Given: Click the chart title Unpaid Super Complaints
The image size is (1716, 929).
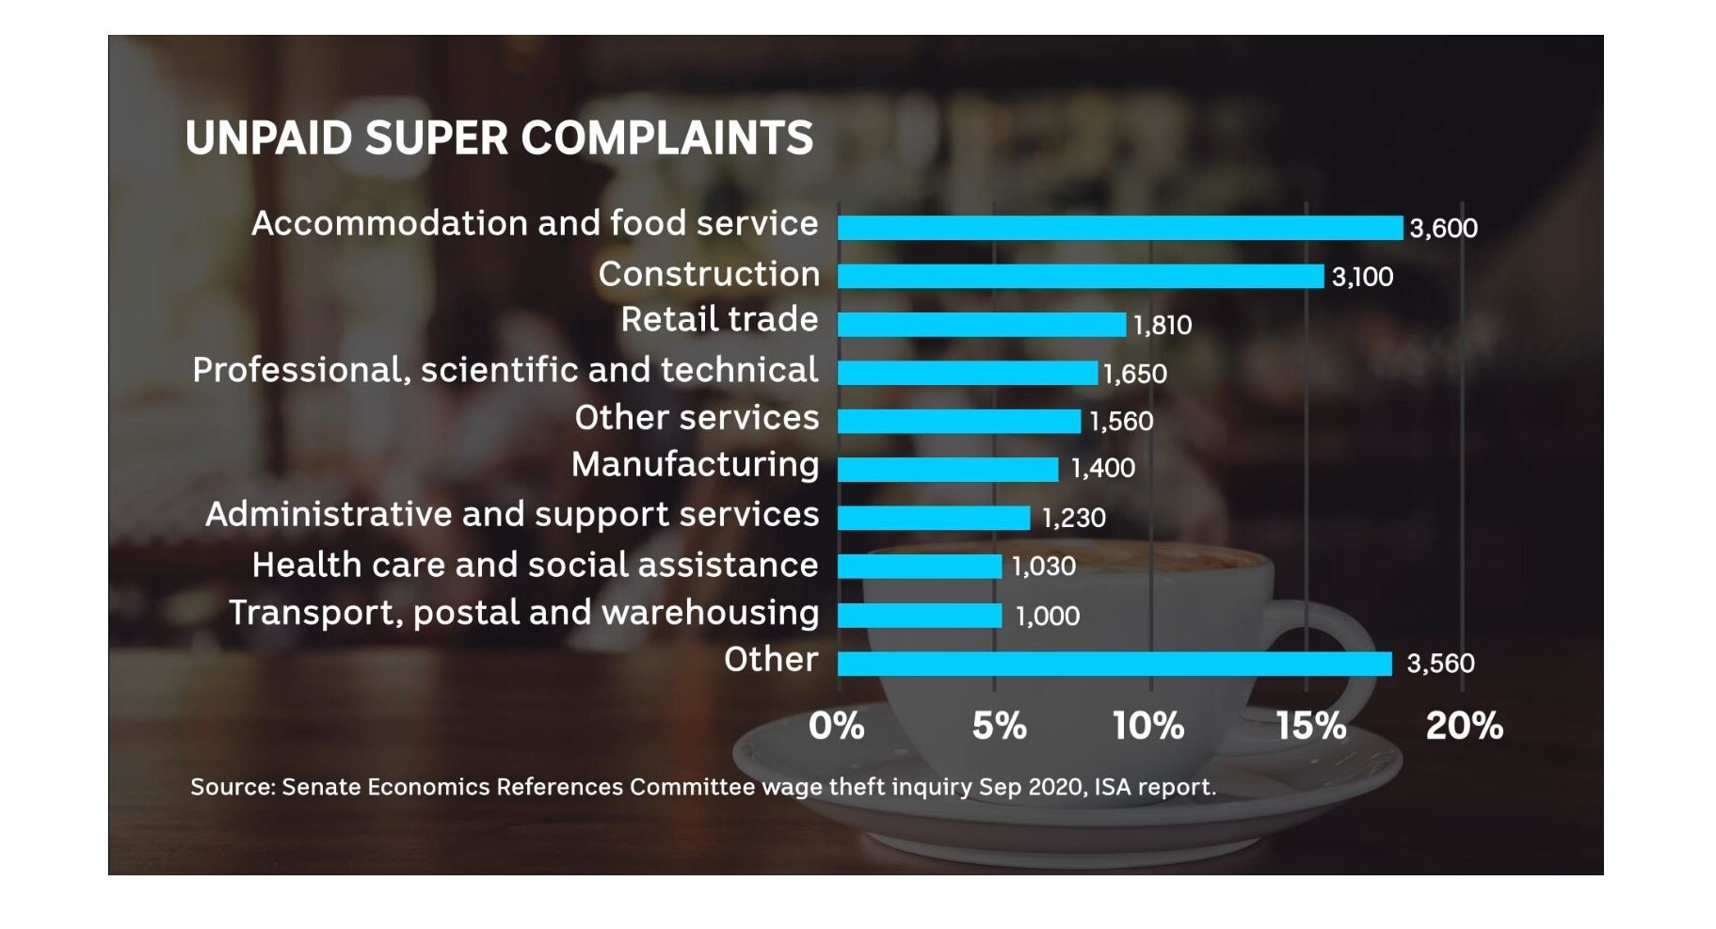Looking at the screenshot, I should pyautogui.click(x=499, y=138).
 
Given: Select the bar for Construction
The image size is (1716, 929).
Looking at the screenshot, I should pyautogui.click(x=1081, y=276).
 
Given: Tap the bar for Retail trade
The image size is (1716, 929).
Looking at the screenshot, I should pyautogui.click(x=982, y=325).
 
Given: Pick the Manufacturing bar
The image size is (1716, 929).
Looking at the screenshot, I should pyautogui.click(x=948, y=469).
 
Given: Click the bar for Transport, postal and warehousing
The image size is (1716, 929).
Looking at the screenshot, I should pyautogui.click(x=920, y=616).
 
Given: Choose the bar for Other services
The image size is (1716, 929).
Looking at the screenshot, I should pyautogui.click(x=959, y=421).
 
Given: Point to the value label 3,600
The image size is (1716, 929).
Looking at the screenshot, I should pyautogui.click(x=1443, y=228).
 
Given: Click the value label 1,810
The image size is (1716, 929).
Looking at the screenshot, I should pyautogui.click(x=1163, y=325).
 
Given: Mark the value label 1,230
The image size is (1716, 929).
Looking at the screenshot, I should pyautogui.click(x=1073, y=518).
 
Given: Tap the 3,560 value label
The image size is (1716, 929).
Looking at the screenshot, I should pyautogui.click(x=1440, y=664).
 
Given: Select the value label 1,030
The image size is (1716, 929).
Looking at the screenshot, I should pyautogui.click(x=1043, y=566).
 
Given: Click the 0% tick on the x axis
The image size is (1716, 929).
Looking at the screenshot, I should pyautogui.click(x=836, y=726).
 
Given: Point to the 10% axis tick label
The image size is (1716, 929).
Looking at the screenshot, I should pyautogui.click(x=1148, y=726).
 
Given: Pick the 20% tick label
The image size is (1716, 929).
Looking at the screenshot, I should pyautogui.click(x=1464, y=726).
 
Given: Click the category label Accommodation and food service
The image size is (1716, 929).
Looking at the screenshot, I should pyautogui.click(x=535, y=223).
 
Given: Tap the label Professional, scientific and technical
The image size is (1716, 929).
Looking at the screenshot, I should pyautogui.click(x=505, y=370).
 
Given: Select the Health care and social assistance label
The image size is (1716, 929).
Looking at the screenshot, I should pyautogui.click(x=535, y=565).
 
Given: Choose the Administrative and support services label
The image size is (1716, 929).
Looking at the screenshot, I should pyautogui.click(x=512, y=514).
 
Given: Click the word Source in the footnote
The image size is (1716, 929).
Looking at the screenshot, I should pyautogui.click(x=231, y=787).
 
